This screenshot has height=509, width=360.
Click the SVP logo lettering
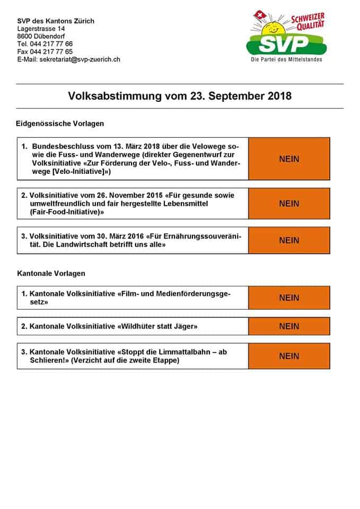click(x=285, y=42)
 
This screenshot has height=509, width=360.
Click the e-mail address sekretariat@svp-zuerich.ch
click(x=80, y=59)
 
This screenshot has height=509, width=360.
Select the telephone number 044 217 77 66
click(x=52, y=43)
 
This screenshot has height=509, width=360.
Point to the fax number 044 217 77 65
click(x=52, y=51)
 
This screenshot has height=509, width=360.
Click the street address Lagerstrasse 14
click(x=41, y=28)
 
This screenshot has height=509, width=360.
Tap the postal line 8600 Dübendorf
click(x=42, y=36)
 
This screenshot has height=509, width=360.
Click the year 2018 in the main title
click(x=276, y=96)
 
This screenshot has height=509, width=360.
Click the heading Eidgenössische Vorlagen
click(x=60, y=124)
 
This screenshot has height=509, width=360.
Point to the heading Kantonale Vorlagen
click(x=51, y=274)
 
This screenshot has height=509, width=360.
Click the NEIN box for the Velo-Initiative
click(x=289, y=159)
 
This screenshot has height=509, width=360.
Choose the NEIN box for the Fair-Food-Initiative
click(x=289, y=204)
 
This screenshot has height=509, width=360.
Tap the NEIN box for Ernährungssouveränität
click(x=289, y=240)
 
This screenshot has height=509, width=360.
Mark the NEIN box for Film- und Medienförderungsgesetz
click(x=289, y=297)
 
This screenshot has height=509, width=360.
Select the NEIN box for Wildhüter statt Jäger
click(x=289, y=326)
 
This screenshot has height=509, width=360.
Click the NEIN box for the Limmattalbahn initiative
click(x=289, y=356)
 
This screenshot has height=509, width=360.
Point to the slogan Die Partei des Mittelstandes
click(x=286, y=60)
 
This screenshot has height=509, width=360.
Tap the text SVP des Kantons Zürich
click(x=56, y=21)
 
